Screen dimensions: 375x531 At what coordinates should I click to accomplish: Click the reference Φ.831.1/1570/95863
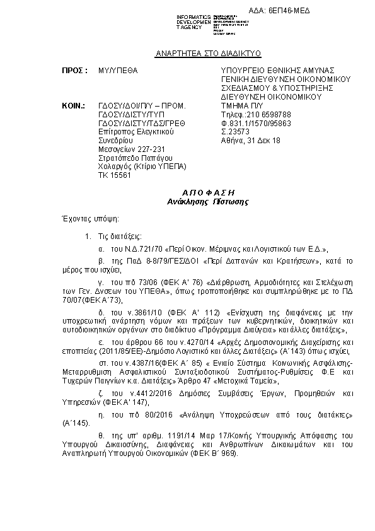[255, 124]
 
